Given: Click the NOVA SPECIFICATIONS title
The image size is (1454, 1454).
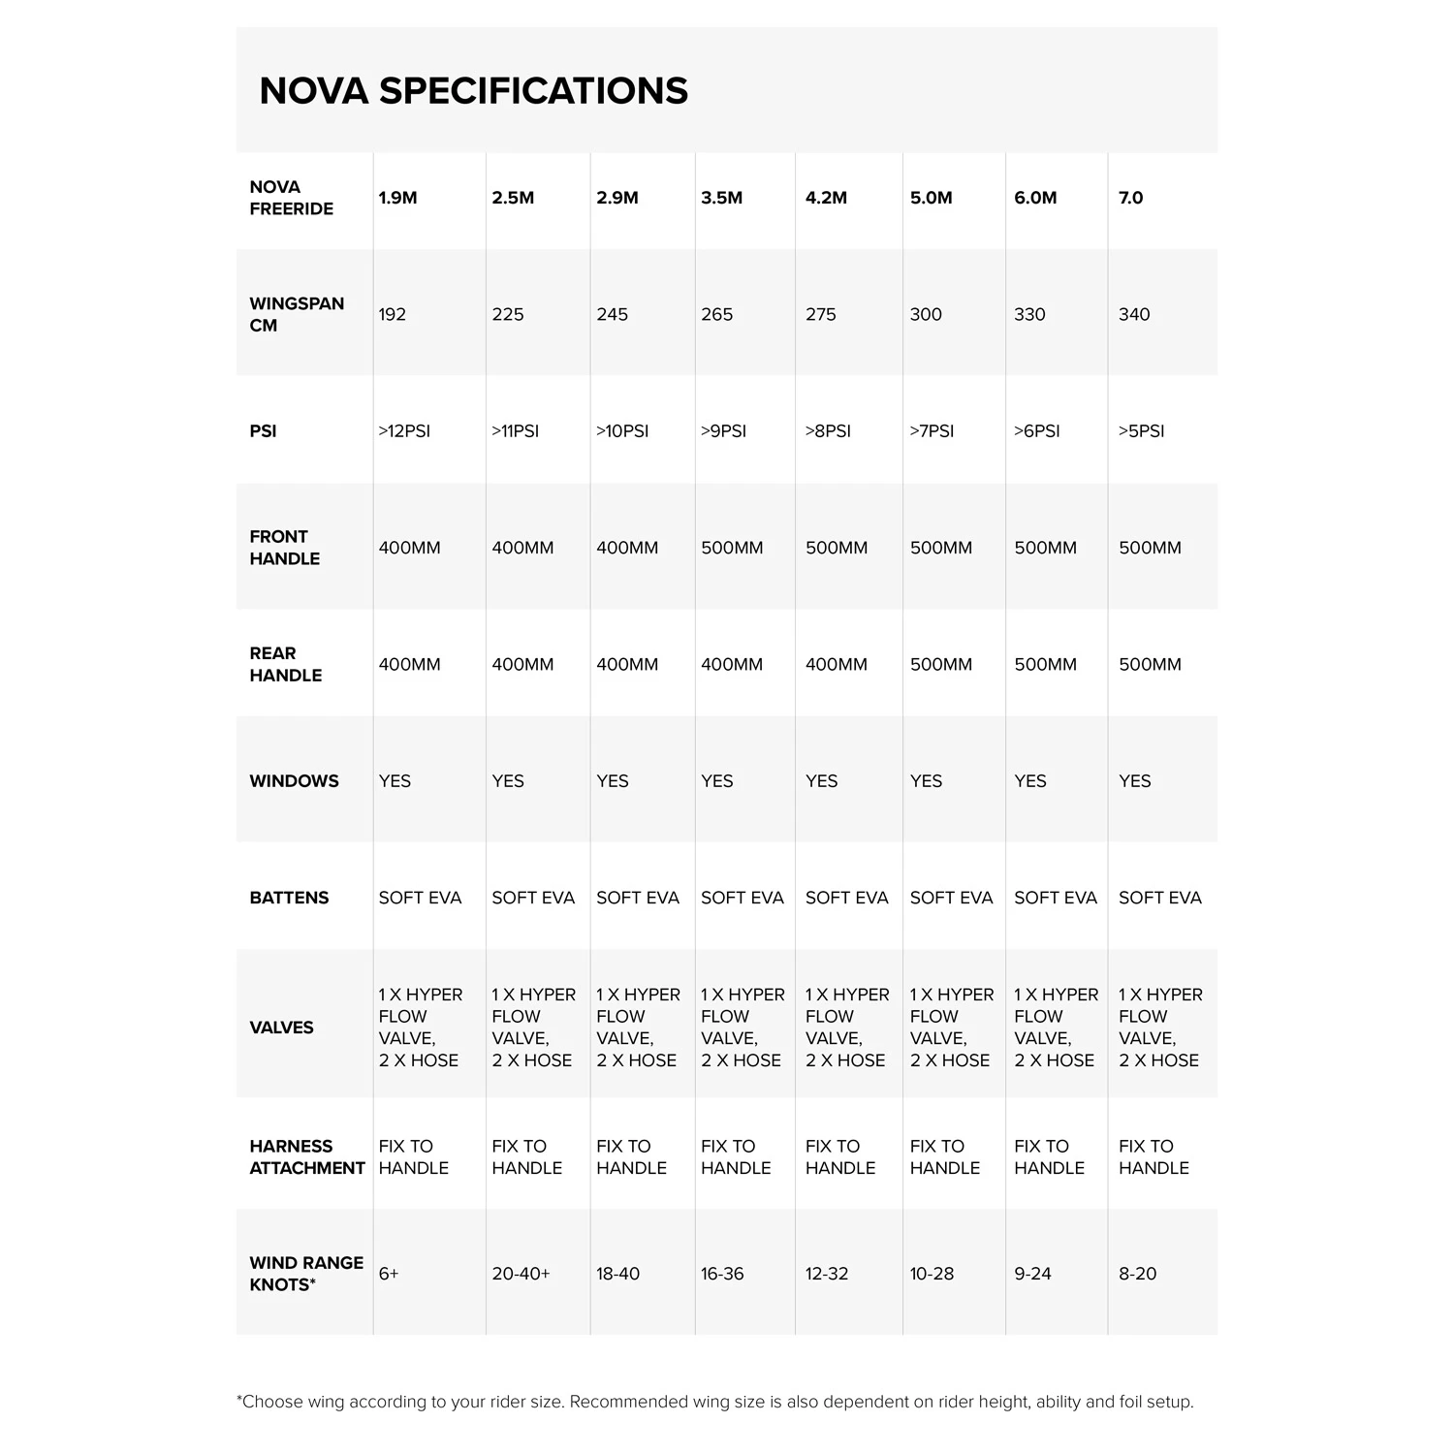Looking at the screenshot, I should pyautogui.click(x=473, y=91).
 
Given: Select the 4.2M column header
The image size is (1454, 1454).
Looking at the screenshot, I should pyautogui.click(x=826, y=198).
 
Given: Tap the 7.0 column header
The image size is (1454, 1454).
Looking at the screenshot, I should pyautogui.click(x=1130, y=198).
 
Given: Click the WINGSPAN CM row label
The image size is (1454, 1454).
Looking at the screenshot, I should pyautogui.click(x=296, y=314).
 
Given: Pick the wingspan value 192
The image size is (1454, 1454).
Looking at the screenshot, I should pyautogui.click(x=392, y=314).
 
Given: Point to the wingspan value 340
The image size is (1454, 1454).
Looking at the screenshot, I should pyautogui.click(x=1133, y=314).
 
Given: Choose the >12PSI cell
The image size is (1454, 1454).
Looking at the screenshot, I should pyautogui.click(x=404, y=431).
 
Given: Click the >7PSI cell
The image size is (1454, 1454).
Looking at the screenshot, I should pyautogui.click(x=932, y=431).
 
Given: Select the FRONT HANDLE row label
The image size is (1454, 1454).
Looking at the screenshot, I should pyautogui.click(x=284, y=548).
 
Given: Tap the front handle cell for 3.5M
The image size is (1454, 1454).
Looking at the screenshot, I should pyautogui.click(x=732, y=548).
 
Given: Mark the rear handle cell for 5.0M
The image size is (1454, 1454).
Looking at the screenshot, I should pyautogui.click(x=940, y=665).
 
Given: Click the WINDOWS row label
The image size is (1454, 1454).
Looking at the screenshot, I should pyautogui.click(x=294, y=781).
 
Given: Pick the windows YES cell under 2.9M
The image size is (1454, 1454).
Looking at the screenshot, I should pyautogui.click(x=612, y=781).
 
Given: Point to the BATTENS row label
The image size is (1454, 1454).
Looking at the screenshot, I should pyautogui.click(x=289, y=898).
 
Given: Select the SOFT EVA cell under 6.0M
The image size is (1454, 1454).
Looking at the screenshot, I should pyautogui.click(x=1055, y=898).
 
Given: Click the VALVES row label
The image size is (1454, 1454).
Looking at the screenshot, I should pyautogui.click(x=281, y=1027).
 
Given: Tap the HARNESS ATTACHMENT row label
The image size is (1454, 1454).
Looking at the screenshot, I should pyautogui.click(x=306, y=1157).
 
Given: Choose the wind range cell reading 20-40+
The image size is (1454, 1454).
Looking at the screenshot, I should pyautogui.click(x=521, y=1274).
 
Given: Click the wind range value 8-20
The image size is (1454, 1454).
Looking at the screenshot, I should pyautogui.click(x=1137, y=1274).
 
